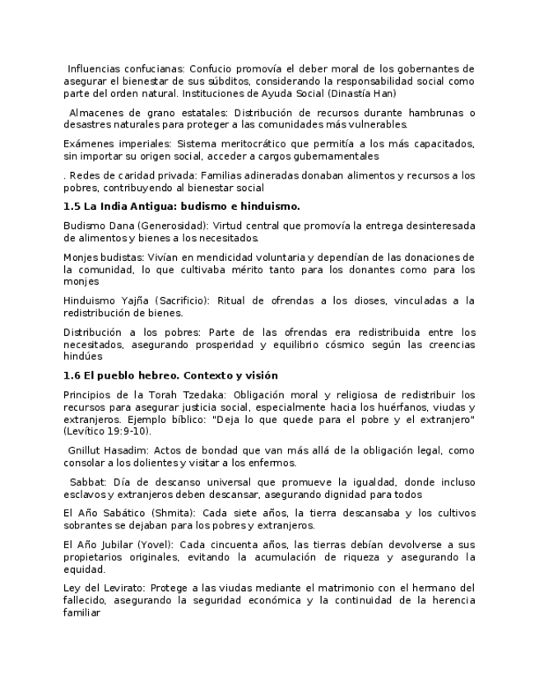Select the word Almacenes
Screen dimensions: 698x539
(x=98, y=113)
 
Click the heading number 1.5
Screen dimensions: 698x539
(x=72, y=206)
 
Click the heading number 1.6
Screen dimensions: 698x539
(x=72, y=375)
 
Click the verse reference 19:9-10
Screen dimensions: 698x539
(x=127, y=431)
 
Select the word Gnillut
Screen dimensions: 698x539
(x=86, y=451)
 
